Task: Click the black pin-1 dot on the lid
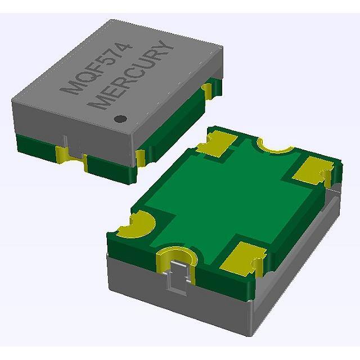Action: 119,119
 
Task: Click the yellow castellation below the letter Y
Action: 208,89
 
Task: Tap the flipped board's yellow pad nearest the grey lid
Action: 217,144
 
